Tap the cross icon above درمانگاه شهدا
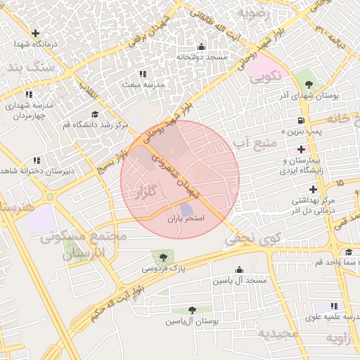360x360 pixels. point(35,32)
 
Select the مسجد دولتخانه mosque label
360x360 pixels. point(201,57)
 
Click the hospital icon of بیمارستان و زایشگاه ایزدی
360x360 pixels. point(302,149)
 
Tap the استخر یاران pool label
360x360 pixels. point(185,219)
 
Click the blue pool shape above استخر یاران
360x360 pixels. point(186,209)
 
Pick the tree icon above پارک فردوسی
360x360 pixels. point(164,257)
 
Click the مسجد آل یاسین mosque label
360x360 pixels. point(239,281)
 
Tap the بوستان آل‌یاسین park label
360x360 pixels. point(193,321)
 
